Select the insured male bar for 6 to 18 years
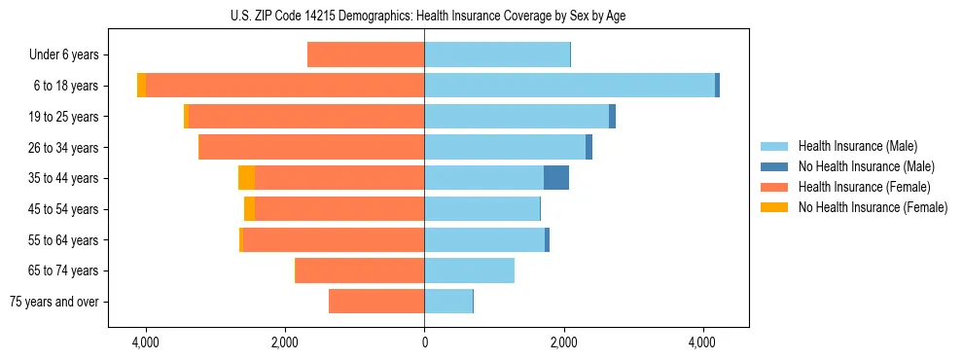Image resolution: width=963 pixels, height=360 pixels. coord(569,86)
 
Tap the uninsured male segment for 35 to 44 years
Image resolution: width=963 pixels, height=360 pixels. coord(556,178)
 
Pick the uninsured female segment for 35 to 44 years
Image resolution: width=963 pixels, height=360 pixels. coord(246,178)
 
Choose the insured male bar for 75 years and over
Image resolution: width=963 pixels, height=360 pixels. coord(448,302)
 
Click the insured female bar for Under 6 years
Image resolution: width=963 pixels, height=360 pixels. coord(366,54)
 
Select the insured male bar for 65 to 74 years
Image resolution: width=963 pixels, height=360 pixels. coord(469,270)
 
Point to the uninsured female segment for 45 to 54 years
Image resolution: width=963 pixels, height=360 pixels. coord(249,209)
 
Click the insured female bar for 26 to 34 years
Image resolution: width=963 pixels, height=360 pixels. coord(311,147)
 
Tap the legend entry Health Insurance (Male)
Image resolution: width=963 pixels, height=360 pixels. coord(855,146)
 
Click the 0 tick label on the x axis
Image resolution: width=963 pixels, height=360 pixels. coord(424,343)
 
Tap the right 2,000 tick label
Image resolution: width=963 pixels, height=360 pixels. coord(563,343)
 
